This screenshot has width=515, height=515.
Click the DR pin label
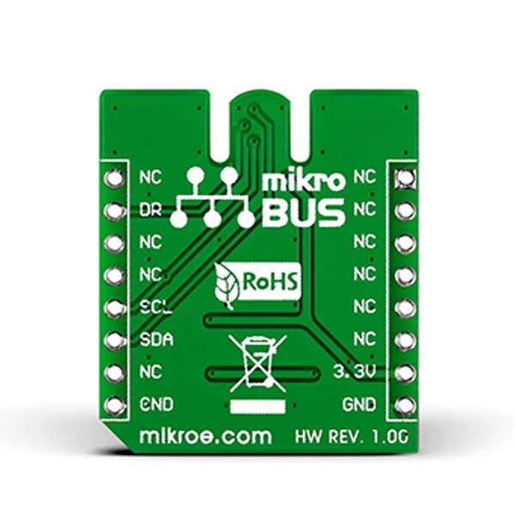(150, 210)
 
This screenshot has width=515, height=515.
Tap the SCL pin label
(155, 307)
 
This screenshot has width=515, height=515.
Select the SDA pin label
(156, 340)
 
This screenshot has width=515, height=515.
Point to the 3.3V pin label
(354, 372)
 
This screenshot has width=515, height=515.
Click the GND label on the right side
(359, 404)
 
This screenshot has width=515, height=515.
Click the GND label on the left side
(156, 404)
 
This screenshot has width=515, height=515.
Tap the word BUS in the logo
(305, 214)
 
